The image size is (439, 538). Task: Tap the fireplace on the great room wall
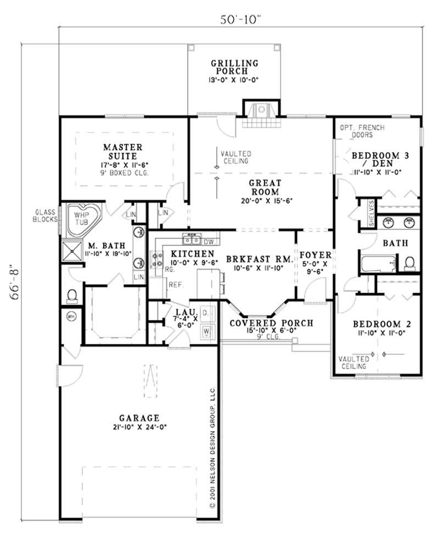[x=261, y=112]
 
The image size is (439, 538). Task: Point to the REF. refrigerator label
[x=176, y=285]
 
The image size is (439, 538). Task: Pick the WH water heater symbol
[x=70, y=316]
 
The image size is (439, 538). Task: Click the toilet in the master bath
[x=71, y=296]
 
